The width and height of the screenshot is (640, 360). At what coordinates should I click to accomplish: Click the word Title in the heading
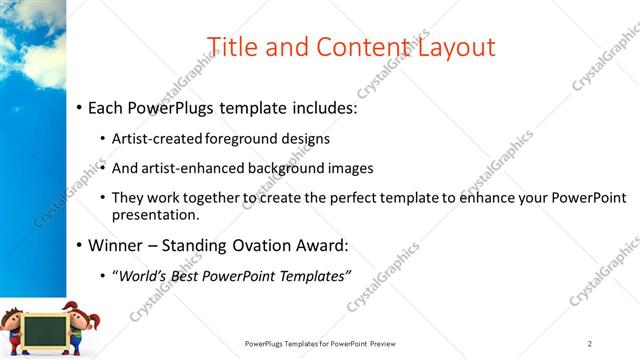pos(233,46)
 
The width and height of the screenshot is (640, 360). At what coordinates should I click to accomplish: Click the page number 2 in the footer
pos(590,344)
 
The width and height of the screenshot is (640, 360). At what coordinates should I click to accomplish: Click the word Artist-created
pos(154,139)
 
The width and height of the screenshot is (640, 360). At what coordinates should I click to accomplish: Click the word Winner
pos(116,245)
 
